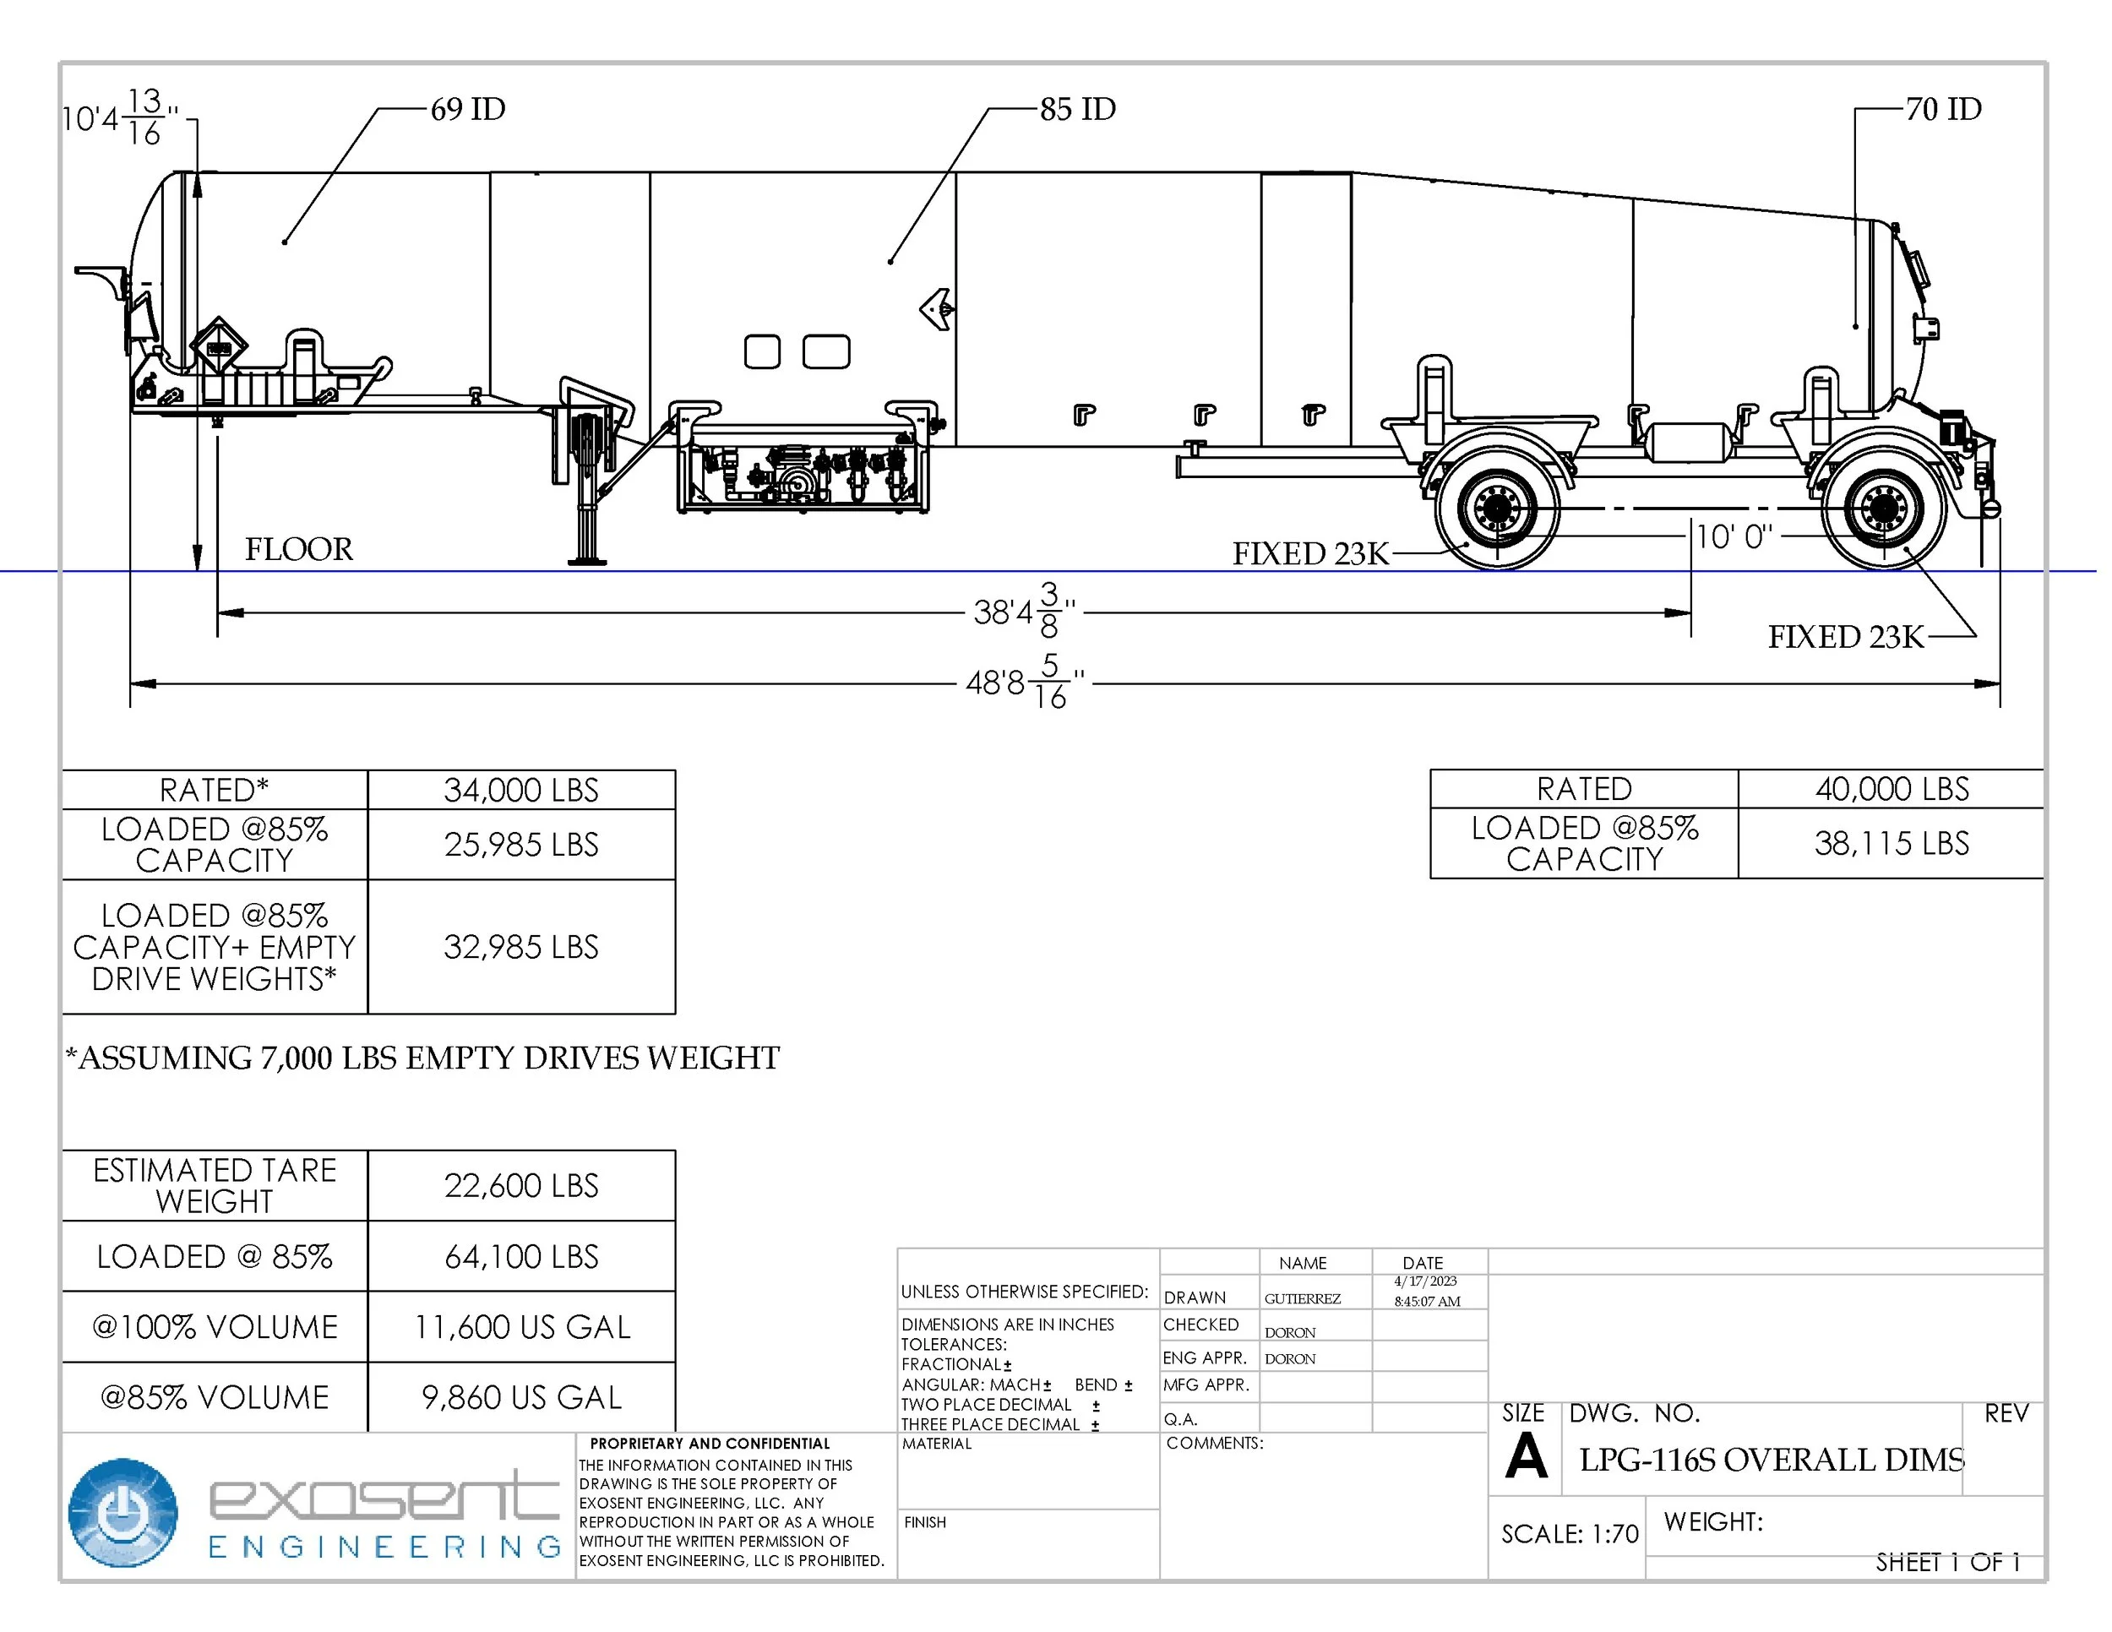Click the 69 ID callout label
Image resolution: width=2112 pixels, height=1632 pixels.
click(x=467, y=108)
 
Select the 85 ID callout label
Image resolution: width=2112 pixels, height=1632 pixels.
click(x=1077, y=108)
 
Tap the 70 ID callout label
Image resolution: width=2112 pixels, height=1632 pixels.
click(x=1943, y=108)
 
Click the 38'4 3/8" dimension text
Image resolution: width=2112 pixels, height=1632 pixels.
click(x=1024, y=611)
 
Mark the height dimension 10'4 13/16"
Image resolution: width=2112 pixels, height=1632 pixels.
click(x=120, y=118)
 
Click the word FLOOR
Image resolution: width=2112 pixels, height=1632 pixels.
click(x=299, y=549)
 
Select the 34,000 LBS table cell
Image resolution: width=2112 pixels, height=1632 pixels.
click(x=521, y=790)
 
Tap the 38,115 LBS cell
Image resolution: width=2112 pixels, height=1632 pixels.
click(x=1891, y=843)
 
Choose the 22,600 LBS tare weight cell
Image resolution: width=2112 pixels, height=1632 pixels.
click(x=521, y=1185)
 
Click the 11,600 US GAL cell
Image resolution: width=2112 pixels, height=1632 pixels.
click(x=521, y=1326)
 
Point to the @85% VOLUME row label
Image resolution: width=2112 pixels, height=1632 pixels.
click(x=215, y=1397)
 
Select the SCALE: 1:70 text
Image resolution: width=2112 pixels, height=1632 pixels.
click(x=1569, y=1534)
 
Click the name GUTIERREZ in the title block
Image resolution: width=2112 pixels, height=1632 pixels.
click(x=1302, y=1298)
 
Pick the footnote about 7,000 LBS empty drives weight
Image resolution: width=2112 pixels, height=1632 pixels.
click(x=422, y=1058)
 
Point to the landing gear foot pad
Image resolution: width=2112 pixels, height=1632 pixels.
click(x=587, y=560)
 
